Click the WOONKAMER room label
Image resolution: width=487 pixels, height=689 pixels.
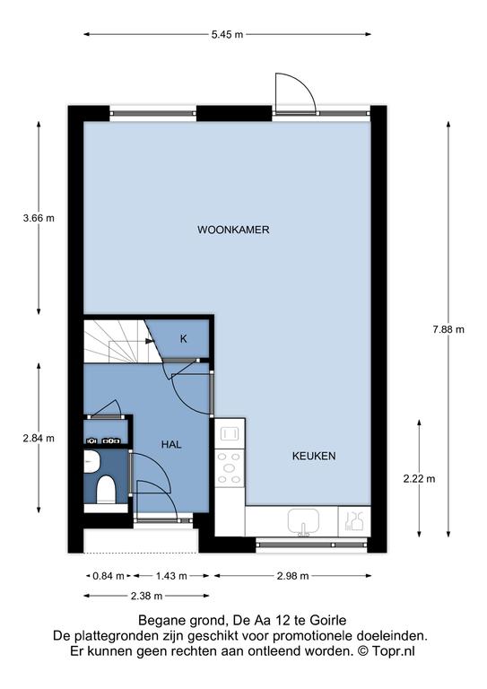click(233, 230)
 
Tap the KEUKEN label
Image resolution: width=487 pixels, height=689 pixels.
click(314, 456)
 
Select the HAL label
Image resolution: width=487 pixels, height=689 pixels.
click(171, 444)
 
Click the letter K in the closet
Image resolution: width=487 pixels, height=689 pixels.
click(184, 339)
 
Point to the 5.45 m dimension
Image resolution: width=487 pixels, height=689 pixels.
click(227, 35)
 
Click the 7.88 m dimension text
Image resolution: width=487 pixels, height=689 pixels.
click(448, 329)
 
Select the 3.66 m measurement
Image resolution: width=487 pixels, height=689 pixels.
click(39, 217)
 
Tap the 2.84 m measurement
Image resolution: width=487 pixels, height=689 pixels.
click(39, 438)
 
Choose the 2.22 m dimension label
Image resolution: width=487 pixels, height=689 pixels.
click(420, 478)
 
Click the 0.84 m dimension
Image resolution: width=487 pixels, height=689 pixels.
click(109, 576)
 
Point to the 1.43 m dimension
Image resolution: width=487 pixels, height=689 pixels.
click(171, 576)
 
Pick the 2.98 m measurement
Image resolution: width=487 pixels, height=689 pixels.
click(293, 576)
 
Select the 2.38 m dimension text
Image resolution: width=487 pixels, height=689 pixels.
click(147, 596)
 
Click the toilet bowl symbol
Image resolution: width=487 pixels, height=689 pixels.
click(106, 490)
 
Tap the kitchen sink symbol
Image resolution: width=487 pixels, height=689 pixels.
click(303, 521)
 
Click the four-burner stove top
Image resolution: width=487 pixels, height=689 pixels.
click(230, 468)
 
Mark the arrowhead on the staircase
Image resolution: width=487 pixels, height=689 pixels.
click(149, 341)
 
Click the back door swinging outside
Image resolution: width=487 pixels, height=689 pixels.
click(295, 94)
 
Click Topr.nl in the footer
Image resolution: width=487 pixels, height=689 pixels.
click(394, 650)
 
